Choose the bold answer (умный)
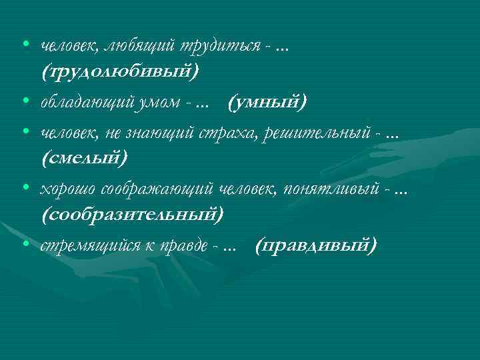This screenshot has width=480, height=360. click(x=267, y=103)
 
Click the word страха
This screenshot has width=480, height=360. click(x=227, y=133)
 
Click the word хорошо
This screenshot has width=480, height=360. click(x=67, y=190)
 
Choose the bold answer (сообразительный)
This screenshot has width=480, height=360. click(x=133, y=215)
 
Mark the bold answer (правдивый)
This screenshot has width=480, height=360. click(x=316, y=247)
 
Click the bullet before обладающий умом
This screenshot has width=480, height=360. click(x=24, y=102)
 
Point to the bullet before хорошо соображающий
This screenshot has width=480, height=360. click(x=24, y=189)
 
